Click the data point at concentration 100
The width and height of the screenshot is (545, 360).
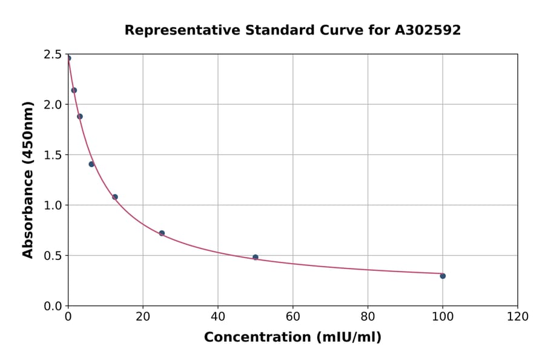443,276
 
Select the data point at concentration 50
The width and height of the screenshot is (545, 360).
256,257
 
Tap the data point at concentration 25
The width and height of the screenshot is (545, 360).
162,233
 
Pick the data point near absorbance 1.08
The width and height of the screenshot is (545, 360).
115,197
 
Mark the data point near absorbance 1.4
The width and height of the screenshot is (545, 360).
91,164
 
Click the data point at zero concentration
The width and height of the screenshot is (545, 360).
68,58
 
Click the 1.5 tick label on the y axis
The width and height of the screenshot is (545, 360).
53,155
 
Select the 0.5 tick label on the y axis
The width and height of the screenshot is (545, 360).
53,256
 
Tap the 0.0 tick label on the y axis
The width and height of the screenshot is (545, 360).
53,306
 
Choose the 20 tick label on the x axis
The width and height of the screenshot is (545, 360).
143,317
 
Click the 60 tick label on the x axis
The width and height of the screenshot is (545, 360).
293,317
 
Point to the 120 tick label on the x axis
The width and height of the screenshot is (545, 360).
518,317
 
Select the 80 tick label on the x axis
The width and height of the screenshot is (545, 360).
368,317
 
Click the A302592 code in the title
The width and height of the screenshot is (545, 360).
428,30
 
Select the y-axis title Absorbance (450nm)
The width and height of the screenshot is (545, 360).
28,180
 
